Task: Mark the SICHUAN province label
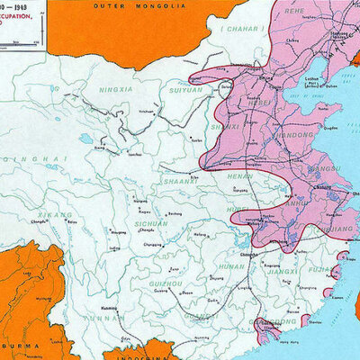point(150,221)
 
